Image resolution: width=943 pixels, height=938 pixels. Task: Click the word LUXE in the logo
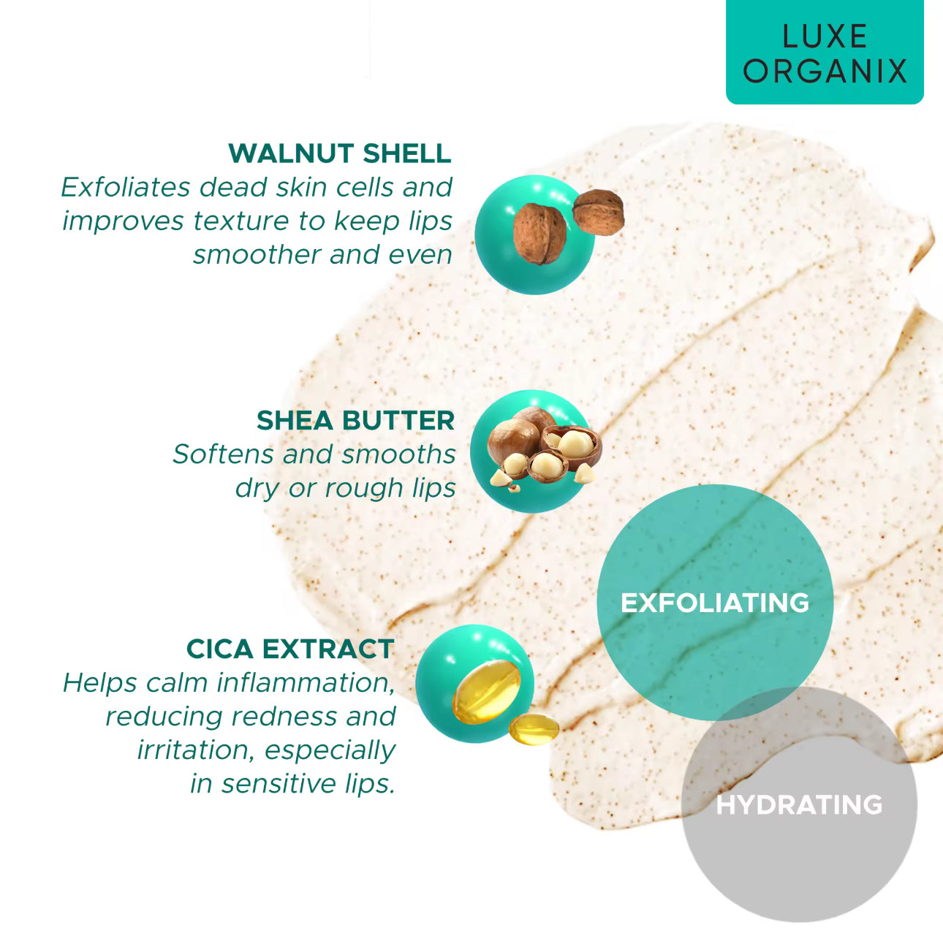[825, 37]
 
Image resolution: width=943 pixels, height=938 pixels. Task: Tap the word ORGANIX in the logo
[825, 72]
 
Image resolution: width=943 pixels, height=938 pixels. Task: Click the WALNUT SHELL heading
[339, 153]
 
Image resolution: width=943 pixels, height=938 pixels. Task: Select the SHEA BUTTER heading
[355, 421]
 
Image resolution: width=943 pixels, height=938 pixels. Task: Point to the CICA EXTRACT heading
[290, 649]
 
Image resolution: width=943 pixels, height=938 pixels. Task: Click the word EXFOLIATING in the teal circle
[715, 603]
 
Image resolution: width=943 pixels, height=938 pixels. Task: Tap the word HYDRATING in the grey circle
[799, 805]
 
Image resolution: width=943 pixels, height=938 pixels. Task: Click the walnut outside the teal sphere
[598, 212]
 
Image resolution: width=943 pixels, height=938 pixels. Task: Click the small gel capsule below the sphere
[534, 729]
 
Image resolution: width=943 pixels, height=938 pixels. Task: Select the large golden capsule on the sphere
[486, 690]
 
